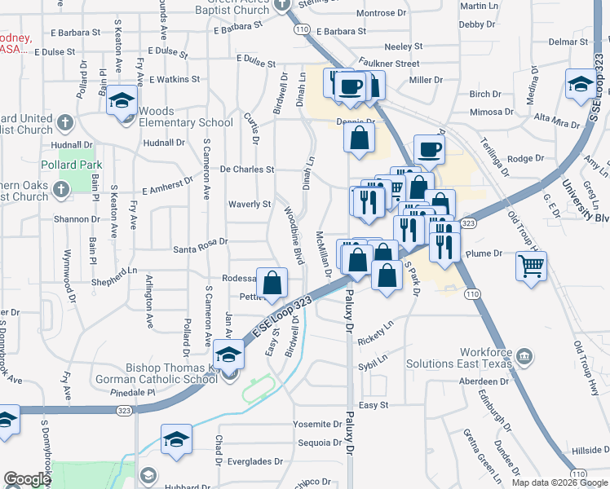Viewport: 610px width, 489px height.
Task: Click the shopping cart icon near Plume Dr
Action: point(531,265)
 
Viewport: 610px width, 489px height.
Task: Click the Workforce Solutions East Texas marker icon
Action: point(524,355)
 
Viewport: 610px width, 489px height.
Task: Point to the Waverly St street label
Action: point(250,204)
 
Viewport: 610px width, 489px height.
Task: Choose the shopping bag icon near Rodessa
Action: point(273,284)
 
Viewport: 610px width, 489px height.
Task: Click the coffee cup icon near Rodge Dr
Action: point(429,149)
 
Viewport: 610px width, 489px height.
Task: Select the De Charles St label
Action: point(247,170)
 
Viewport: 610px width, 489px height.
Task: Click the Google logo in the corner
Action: point(26,479)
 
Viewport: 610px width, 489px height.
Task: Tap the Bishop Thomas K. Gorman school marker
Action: point(228,357)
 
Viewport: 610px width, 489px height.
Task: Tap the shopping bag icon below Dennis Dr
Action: point(359,139)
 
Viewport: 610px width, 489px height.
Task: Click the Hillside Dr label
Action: point(590,450)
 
